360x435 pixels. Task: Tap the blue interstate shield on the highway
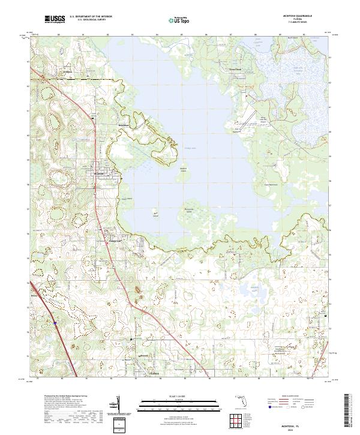[x=55, y=323]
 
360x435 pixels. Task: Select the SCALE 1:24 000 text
[x=175, y=396]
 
